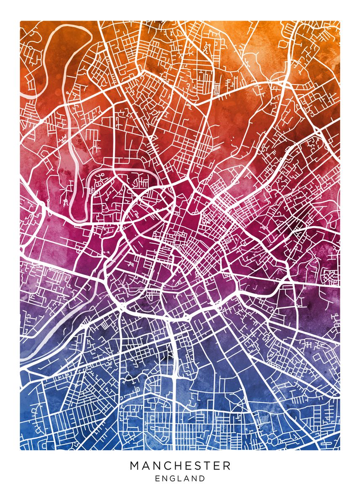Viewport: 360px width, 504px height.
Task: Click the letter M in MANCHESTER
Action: click(134, 466)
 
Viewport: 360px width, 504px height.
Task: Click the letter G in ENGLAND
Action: click(173, 478)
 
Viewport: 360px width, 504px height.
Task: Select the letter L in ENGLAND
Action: click(181, 478)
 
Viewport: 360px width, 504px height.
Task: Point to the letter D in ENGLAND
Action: click(202, 478)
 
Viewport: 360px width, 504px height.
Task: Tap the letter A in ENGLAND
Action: click(187, 478)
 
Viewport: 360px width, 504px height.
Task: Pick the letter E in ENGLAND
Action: click(158, 478)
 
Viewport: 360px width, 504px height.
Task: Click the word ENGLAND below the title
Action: click(180, 478)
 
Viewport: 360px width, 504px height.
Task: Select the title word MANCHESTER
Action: click(180, 466)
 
